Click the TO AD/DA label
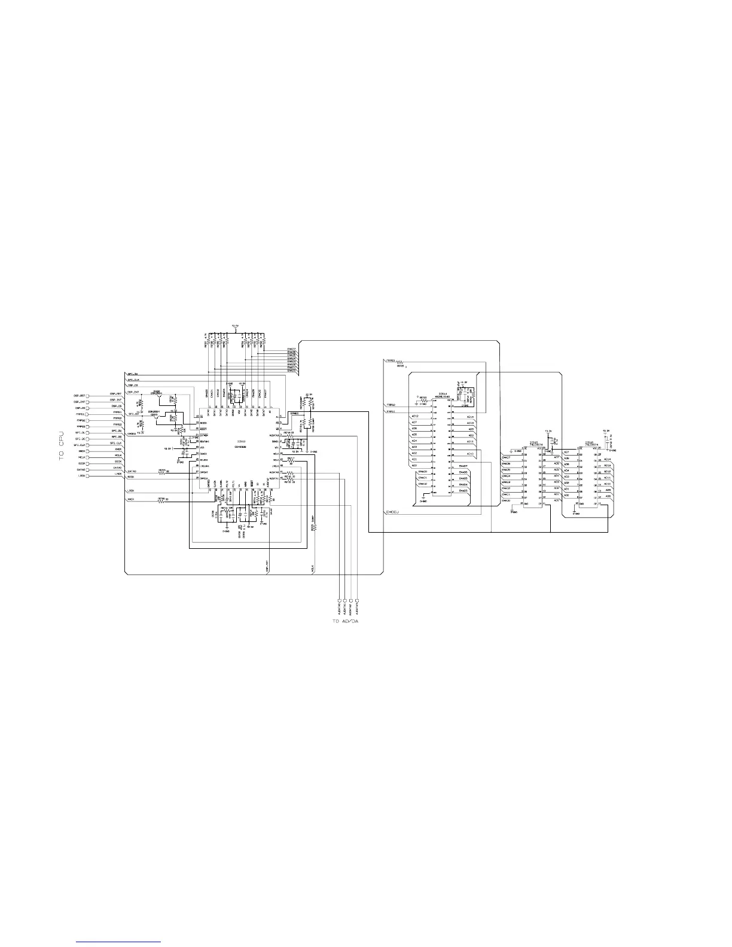(346, 621)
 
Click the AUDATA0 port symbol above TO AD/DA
(340, 600)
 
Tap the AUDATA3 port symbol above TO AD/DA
(357, 600)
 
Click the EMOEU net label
(392, 512)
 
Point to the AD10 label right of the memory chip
(470, 454)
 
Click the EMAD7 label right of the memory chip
(463, 466)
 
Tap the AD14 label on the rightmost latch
(608, 459)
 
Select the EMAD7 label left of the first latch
(506, 457)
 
